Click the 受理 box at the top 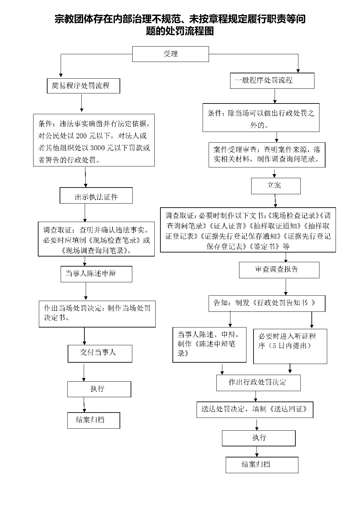(170, 54)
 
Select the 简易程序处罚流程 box (83, 86)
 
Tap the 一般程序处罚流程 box (272, 81)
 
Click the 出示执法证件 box (96, 196)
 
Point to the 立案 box (276, 186)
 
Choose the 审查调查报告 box (279, 270)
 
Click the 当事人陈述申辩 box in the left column (96, 274)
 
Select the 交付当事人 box (100, 354)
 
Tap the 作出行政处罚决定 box (259, 383)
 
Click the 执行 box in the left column (99, 389)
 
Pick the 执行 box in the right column (259, 438)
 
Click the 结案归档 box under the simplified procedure (94, 420)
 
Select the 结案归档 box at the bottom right (262, 465)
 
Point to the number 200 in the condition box (81, 136)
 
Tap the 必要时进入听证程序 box (290, 346)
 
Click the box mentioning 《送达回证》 (255, 410)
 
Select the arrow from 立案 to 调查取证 (275, 201)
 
